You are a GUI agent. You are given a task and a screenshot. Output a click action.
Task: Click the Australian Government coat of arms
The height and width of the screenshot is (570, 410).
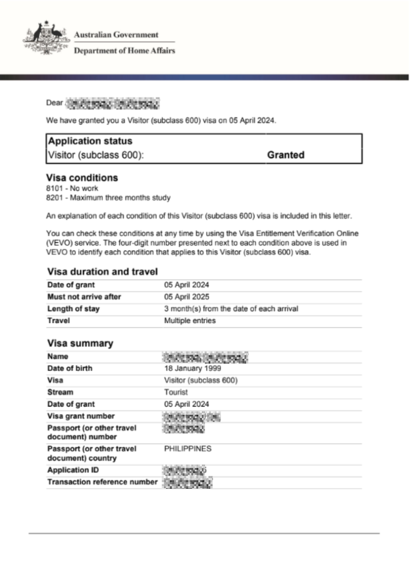(x=46, y=38)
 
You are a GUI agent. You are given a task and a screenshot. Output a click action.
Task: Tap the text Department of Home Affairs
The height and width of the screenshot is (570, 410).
(x=124, y=51)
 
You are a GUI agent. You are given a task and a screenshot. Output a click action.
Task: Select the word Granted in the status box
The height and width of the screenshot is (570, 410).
(x=286, y=155)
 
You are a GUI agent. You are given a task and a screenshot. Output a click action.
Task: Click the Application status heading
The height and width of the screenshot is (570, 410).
(x=90, y=141)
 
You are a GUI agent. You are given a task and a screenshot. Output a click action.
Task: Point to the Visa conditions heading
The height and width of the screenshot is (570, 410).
(x=82, y=178)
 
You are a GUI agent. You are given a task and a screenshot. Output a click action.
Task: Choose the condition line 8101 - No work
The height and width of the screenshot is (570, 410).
(x=73, y=188)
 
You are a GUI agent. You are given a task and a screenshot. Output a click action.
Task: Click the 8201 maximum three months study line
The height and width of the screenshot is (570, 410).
(x=108, y=198)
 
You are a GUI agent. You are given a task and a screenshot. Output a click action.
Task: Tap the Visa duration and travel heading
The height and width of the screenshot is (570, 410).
(x=102, y=272)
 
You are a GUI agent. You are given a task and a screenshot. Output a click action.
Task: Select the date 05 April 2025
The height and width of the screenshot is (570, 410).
(x=186, y=297)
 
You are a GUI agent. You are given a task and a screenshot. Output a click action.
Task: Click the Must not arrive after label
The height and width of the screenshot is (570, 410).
(x=84, y=297)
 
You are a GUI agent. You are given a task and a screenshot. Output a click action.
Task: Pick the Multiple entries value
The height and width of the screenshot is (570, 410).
(x=190, y=321)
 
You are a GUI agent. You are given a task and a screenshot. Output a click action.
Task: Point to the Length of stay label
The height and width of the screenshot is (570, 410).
(x=73, y=309)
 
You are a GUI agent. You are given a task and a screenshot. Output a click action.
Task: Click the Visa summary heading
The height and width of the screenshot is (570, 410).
(x=80, y=343)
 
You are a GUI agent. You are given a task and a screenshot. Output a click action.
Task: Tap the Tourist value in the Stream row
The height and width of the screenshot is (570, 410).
(x=176, y=392)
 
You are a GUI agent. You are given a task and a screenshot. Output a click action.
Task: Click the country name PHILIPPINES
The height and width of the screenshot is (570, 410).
(x=187, y=449)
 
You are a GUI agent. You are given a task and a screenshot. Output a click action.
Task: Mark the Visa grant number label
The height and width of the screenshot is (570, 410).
(x=81, y=416)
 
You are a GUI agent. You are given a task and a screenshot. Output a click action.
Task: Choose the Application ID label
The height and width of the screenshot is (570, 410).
(x=73, y=470)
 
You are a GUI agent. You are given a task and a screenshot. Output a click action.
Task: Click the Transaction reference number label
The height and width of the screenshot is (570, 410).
(x=102, y=482)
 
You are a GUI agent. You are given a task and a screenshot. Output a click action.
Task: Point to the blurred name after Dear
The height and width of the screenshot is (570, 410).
(x=113, y=102)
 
